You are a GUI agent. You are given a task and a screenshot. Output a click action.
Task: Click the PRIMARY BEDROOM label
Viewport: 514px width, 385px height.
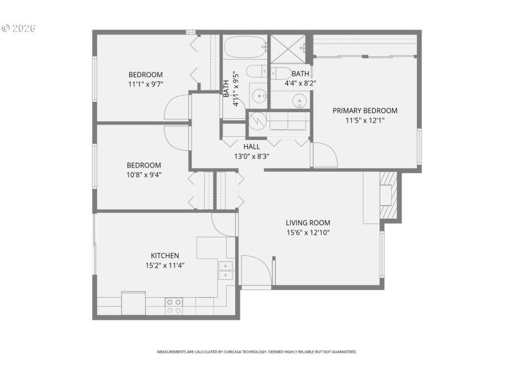tap(365, 110)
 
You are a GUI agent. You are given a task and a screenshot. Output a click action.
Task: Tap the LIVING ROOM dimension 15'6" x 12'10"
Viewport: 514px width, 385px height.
tap(308, 233)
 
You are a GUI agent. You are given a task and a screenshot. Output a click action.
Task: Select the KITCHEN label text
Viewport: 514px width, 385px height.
tap(164, 255)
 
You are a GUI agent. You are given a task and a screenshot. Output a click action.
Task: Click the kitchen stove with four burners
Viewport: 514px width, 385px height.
tap(173, 305)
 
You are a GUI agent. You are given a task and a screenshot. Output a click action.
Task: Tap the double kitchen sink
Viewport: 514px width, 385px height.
tap(225, 271)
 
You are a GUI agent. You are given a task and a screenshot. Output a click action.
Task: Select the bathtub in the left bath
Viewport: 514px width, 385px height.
tap(244, 47)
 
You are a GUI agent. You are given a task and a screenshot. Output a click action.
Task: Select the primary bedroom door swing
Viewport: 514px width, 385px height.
tap(324, 155)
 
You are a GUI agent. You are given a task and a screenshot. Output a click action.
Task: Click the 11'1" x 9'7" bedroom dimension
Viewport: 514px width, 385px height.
tap(145, 84)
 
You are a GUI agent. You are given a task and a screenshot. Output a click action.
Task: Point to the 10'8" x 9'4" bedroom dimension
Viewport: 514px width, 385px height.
tap(144, 174)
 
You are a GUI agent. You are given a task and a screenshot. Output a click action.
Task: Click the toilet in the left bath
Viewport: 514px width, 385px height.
tap(254, 73)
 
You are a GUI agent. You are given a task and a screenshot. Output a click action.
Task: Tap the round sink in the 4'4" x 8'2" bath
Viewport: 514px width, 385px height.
tap(299, 100)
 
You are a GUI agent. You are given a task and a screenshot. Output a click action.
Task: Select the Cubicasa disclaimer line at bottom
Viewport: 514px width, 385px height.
tap(257, 352)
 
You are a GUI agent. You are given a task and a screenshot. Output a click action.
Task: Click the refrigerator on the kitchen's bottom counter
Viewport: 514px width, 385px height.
tap(133, 303)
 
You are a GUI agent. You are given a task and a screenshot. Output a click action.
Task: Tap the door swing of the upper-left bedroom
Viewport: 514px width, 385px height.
tap(176, 108)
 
